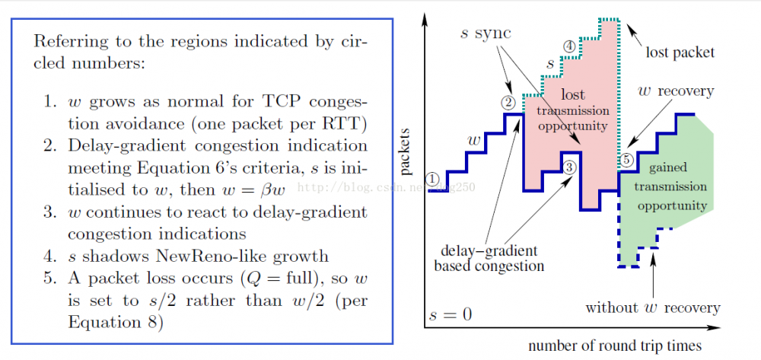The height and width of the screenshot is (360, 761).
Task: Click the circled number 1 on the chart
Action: click(x=433, y=179)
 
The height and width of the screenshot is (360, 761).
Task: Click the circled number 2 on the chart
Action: click(x=508, y=101)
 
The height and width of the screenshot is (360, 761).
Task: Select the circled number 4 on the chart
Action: click(x=569, y=46)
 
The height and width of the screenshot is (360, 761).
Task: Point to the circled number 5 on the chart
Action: click(x=626, y=160)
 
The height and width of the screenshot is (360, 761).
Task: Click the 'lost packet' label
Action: click(x=680, y=53)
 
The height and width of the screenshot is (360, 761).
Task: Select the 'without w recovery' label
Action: click(x=652, y=307)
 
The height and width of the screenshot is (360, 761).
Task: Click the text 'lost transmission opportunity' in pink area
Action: click(x=573, y=110)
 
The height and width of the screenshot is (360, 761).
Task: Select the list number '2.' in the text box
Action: click(x=51, y=145)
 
